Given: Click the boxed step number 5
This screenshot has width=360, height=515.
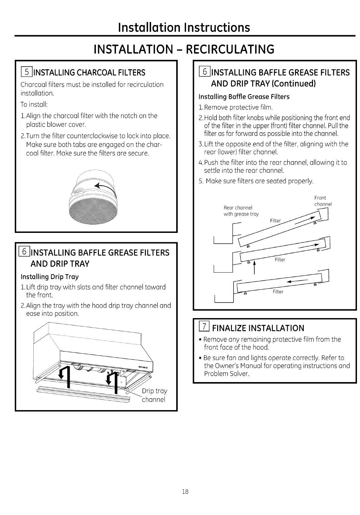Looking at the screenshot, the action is coord(27,72).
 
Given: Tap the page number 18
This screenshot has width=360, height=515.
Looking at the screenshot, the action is coord(185,492).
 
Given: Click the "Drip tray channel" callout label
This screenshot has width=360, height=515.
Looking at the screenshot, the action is coord(154,395).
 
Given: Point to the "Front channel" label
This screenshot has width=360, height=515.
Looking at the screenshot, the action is coord(323,201).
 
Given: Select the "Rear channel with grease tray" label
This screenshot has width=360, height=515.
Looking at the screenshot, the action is coord(241,211).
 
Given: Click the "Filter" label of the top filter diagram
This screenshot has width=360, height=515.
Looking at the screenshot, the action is coord(275,221).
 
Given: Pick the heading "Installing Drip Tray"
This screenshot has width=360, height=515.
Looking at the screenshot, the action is coord(50,276).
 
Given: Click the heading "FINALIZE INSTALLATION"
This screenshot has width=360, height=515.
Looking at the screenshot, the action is coord(258,328).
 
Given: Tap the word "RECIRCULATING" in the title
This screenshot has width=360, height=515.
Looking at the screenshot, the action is coord(230,49).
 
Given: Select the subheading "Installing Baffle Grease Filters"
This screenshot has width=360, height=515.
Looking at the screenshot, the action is coord(244,97).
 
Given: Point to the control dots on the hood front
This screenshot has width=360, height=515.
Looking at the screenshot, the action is coord(143,367).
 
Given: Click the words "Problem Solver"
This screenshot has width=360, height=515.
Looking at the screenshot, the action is coord(227,374).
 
